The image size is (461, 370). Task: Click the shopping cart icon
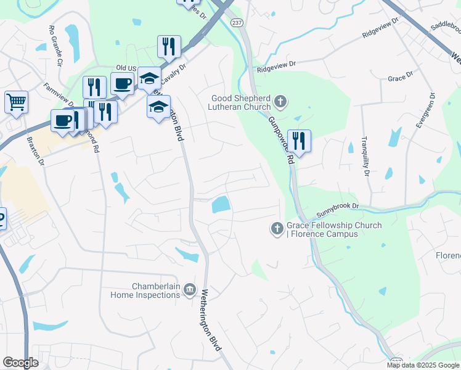click(17, 102)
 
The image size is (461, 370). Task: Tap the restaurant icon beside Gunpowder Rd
click(299, 141)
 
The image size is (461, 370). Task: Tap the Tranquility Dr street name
click(365, 155)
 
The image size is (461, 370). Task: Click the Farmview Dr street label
click(58, 94)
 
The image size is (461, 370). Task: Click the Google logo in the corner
click(20, 363)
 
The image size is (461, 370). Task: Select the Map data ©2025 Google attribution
click(422, 365)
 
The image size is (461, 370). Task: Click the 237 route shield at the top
click(237, 22)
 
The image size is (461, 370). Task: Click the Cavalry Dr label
click(175, 74)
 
